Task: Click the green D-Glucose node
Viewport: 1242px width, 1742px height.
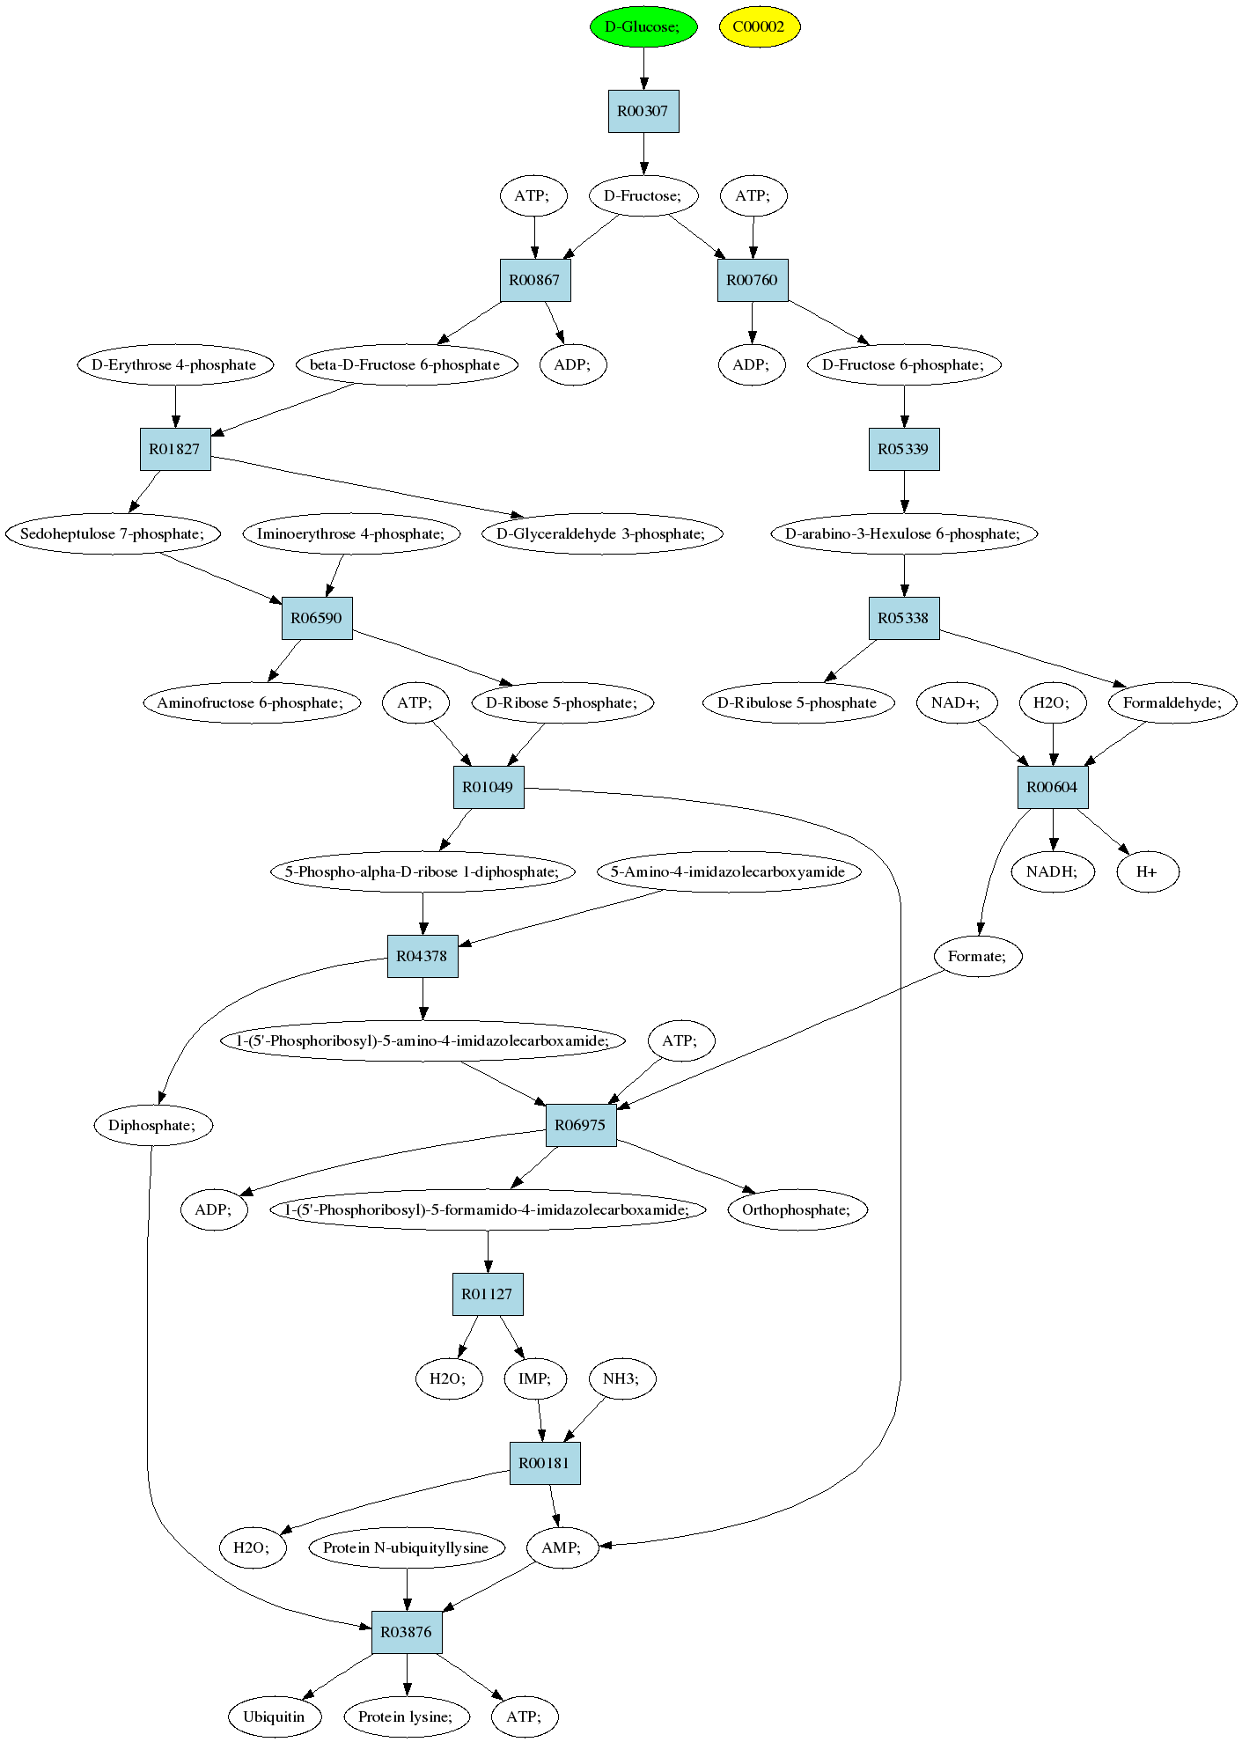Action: [643, 26]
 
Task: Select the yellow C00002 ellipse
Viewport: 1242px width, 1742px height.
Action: [759, 26]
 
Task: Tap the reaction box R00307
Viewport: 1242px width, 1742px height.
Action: [643, 111]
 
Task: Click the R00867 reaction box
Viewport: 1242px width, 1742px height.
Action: [535, 280]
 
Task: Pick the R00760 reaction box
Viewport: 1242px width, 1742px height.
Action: [753, 280]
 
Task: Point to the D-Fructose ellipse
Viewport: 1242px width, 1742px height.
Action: [643, 195]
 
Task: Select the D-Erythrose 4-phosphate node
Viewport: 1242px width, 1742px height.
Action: [174, 364]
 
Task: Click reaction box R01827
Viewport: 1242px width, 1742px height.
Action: [175, 449]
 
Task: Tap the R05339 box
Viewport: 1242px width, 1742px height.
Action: [904, 449]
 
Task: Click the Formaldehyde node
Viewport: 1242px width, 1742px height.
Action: [1172, 702]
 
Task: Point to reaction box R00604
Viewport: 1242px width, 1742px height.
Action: [1053, 787]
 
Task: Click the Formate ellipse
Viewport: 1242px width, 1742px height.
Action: [977, 956]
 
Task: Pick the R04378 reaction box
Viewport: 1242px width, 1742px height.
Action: [423, 956]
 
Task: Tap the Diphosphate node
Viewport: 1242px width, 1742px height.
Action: [153, 1125]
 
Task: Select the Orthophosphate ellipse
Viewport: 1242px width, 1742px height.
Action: [797, 1209]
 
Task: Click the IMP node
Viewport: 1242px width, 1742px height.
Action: [535, 1378]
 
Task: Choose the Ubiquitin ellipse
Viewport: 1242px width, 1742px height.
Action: [274, 1716]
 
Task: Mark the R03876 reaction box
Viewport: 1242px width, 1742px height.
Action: [407, 1632]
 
